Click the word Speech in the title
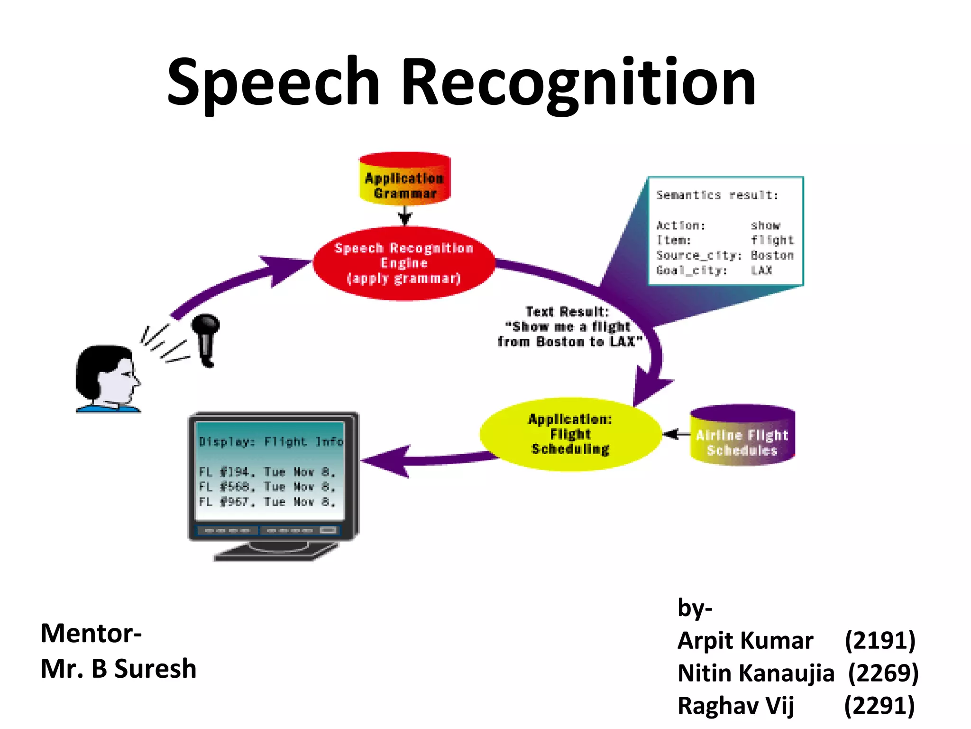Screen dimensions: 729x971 274,82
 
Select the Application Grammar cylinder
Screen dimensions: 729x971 404,180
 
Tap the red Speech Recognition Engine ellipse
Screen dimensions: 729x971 404,263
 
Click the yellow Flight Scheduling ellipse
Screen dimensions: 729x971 570,434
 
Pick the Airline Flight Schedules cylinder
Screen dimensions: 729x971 742,436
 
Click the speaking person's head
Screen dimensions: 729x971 107,375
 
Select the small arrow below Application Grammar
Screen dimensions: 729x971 404,216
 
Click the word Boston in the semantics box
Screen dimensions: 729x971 772,255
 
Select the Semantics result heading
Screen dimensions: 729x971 717,195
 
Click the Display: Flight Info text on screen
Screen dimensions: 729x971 271,442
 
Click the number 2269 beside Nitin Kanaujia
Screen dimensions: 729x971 883,673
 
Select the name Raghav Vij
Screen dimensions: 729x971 735,705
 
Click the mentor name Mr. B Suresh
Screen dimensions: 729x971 119,669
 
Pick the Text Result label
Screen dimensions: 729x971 567,312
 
